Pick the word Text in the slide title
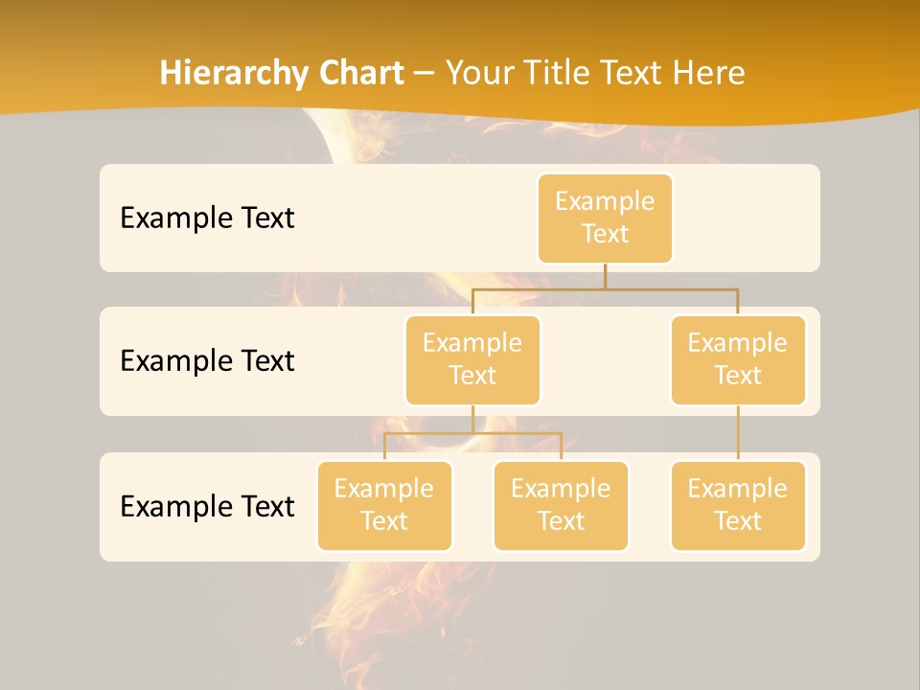(636, 73)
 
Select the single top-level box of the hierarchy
(605, 218)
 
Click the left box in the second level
(472, 360)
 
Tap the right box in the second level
(738, 360)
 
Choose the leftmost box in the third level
(384, 506)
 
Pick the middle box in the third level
(561, 506)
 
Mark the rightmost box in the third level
(738, 506)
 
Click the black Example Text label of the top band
(207, 218)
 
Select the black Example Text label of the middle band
(207, 361)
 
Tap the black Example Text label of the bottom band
(207, 506)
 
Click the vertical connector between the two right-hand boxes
(738, 433)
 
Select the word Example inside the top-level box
(605, 201)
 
